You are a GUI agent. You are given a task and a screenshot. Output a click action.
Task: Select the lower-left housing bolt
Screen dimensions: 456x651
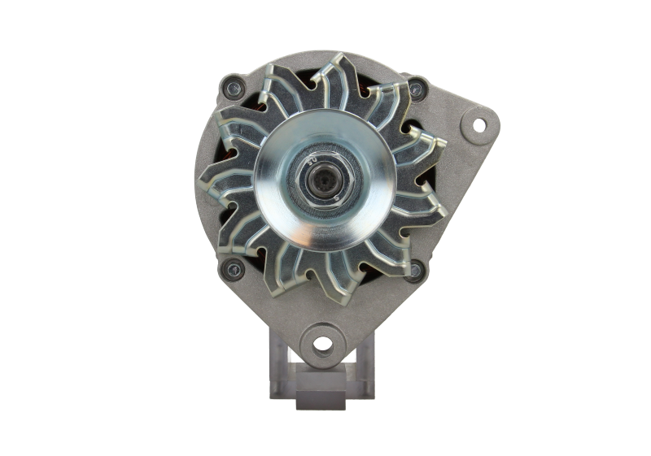(234, 267)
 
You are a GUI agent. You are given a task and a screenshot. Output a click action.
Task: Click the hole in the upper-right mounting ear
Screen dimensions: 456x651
(478, 124)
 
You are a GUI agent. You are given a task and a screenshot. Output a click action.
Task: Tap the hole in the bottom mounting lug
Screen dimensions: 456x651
(323, 343)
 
